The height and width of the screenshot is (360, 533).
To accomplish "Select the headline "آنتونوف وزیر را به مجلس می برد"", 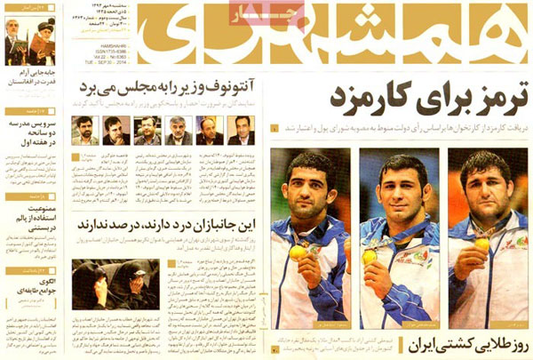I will [x=170, y=88].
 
